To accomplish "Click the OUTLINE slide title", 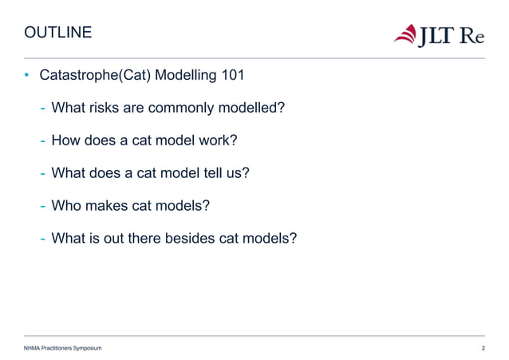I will pos(58,34).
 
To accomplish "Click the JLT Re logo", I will pos(438,35).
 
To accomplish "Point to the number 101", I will pos(231,77).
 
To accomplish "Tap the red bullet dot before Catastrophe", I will pos(26,77).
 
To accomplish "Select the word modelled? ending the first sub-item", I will pos(250,109).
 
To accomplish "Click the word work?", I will pos(218,141).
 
